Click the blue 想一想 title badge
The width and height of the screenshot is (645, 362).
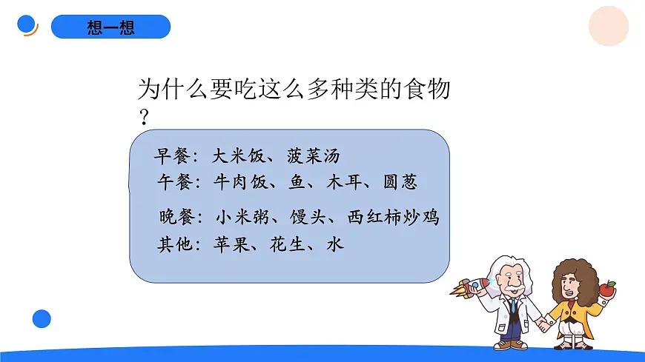[x=110, y=27]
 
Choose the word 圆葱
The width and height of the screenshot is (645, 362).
[x=406, y=182]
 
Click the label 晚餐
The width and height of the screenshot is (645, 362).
[x=176, y=218]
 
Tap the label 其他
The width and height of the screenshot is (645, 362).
[x=176, y=244]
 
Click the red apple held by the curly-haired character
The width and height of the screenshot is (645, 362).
[x=607, y=288]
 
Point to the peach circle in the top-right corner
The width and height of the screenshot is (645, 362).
[x=608, y=27]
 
